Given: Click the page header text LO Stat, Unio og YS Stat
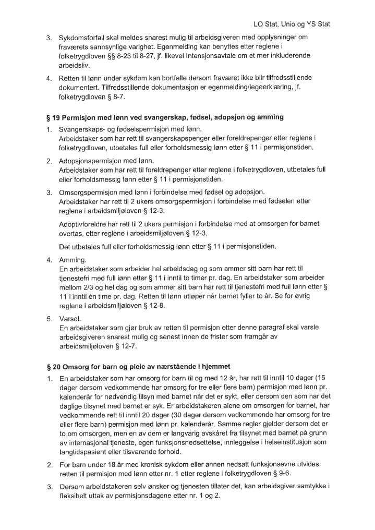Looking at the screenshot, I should [x=292, y=24].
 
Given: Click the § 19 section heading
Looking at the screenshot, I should [x=164, y=117].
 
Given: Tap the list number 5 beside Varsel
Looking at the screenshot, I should [x=49, y=317].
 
